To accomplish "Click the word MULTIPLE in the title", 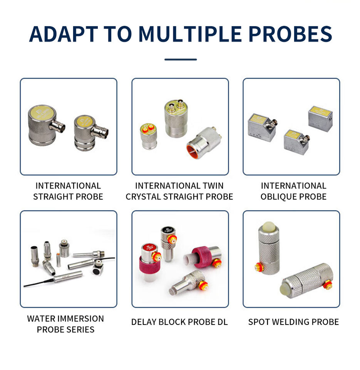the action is pyautogui.click(x=190, y=34).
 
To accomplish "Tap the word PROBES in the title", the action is pyautogui.click(x=290, y=34).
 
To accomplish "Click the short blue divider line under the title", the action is pyautogui.click(x=181, y=59).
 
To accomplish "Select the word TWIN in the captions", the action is pyautogui.click(x=213, y=186).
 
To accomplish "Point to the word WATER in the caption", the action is pyautogui.click(x=41, y=319).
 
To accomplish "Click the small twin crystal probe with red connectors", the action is pyautogui.click(x=148, y=136).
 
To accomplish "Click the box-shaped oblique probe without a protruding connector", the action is pyautogui.click(x=320, y=119).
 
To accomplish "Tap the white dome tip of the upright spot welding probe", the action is pyautogui.click(x=268, y=227).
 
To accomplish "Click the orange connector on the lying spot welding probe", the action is pyautogui.click(x=328, y=284).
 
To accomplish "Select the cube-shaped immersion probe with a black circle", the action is pyautogui.click(x=97, y=269).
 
